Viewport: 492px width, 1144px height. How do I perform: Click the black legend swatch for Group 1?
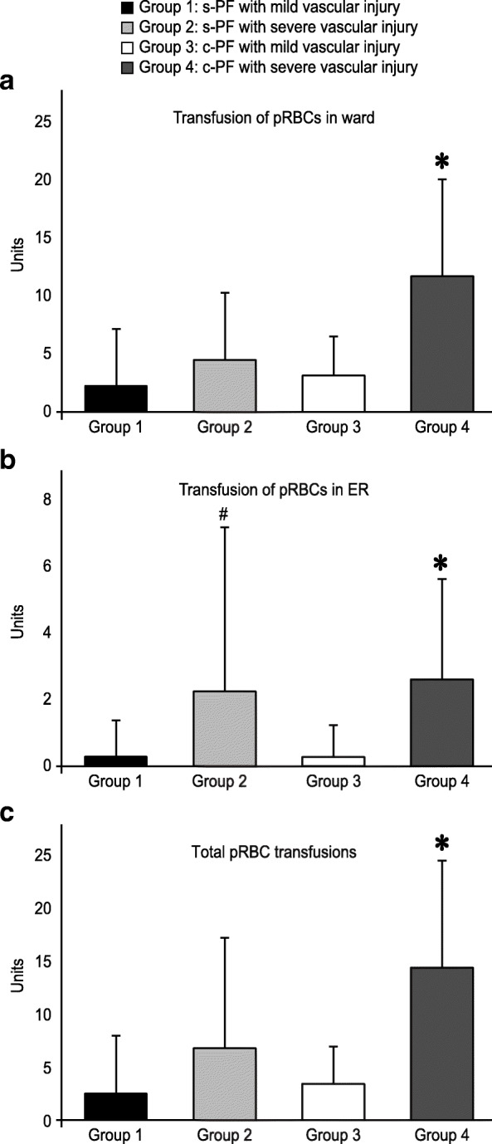(x=126, y=9)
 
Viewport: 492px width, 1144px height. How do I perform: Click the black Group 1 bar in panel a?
(x=115, y=398)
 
